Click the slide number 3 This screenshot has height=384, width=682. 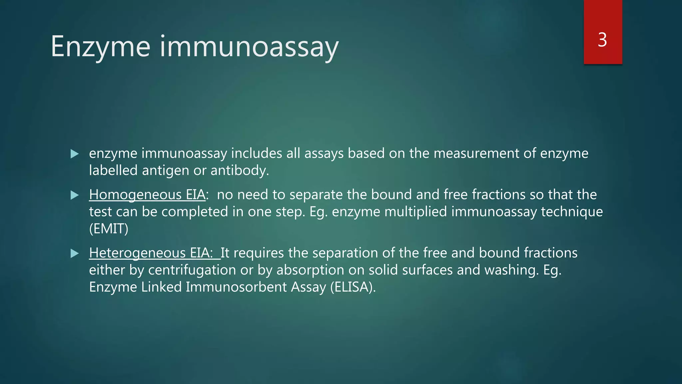[x=602, y=40]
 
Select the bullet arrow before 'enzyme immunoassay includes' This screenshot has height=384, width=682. [x=75, y=154]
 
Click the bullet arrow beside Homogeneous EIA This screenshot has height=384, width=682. [x=75, y=195]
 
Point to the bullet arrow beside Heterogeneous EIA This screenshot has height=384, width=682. [x=75, y=254]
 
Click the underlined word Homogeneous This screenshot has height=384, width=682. [x=135, y=195]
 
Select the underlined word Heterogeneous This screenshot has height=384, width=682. [x=137, y=253]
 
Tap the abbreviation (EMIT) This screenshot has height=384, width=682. [x=109, y=229]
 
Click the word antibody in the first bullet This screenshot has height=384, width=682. [x=239, y=171]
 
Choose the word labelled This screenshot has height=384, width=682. [x=113, y=171]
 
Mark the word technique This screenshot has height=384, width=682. [x=572, y=212]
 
